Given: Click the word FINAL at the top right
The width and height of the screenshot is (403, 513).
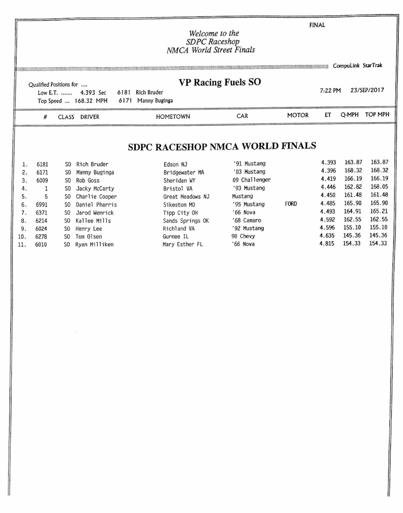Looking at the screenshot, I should point(317,25).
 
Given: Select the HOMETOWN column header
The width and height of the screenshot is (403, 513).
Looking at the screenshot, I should point(173,117).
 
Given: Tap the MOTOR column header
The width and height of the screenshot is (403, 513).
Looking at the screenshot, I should point(298,115).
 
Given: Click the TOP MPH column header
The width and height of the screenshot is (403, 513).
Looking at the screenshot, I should point(377,115).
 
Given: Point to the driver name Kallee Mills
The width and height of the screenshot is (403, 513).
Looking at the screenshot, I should point(93,221).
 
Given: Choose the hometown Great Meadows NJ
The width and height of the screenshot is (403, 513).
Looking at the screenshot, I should point(186,197).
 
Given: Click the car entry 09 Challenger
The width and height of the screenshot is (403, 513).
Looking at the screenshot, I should point(252,180).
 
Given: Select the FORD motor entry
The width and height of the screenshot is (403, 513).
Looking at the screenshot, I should point(291,204).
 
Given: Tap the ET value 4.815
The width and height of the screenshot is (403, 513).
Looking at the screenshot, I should point(327,244).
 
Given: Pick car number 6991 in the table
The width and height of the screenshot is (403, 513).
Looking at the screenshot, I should point(42,205).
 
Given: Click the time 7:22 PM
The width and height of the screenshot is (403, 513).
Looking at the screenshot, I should point(330,90).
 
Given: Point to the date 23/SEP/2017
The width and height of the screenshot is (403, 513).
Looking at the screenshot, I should point(367,90).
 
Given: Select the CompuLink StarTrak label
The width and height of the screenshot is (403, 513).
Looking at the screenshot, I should point(357,66).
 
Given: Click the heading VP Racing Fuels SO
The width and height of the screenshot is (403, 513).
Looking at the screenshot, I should point(220,82).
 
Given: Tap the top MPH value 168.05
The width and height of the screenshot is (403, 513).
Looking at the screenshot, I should point(379,187).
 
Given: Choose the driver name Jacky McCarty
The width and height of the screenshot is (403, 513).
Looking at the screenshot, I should point(95,188).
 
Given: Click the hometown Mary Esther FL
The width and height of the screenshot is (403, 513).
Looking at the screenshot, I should point(183,244).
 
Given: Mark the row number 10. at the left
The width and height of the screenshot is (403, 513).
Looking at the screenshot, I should point(22,237).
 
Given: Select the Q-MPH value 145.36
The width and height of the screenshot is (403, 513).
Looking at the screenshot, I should point(352,236).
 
